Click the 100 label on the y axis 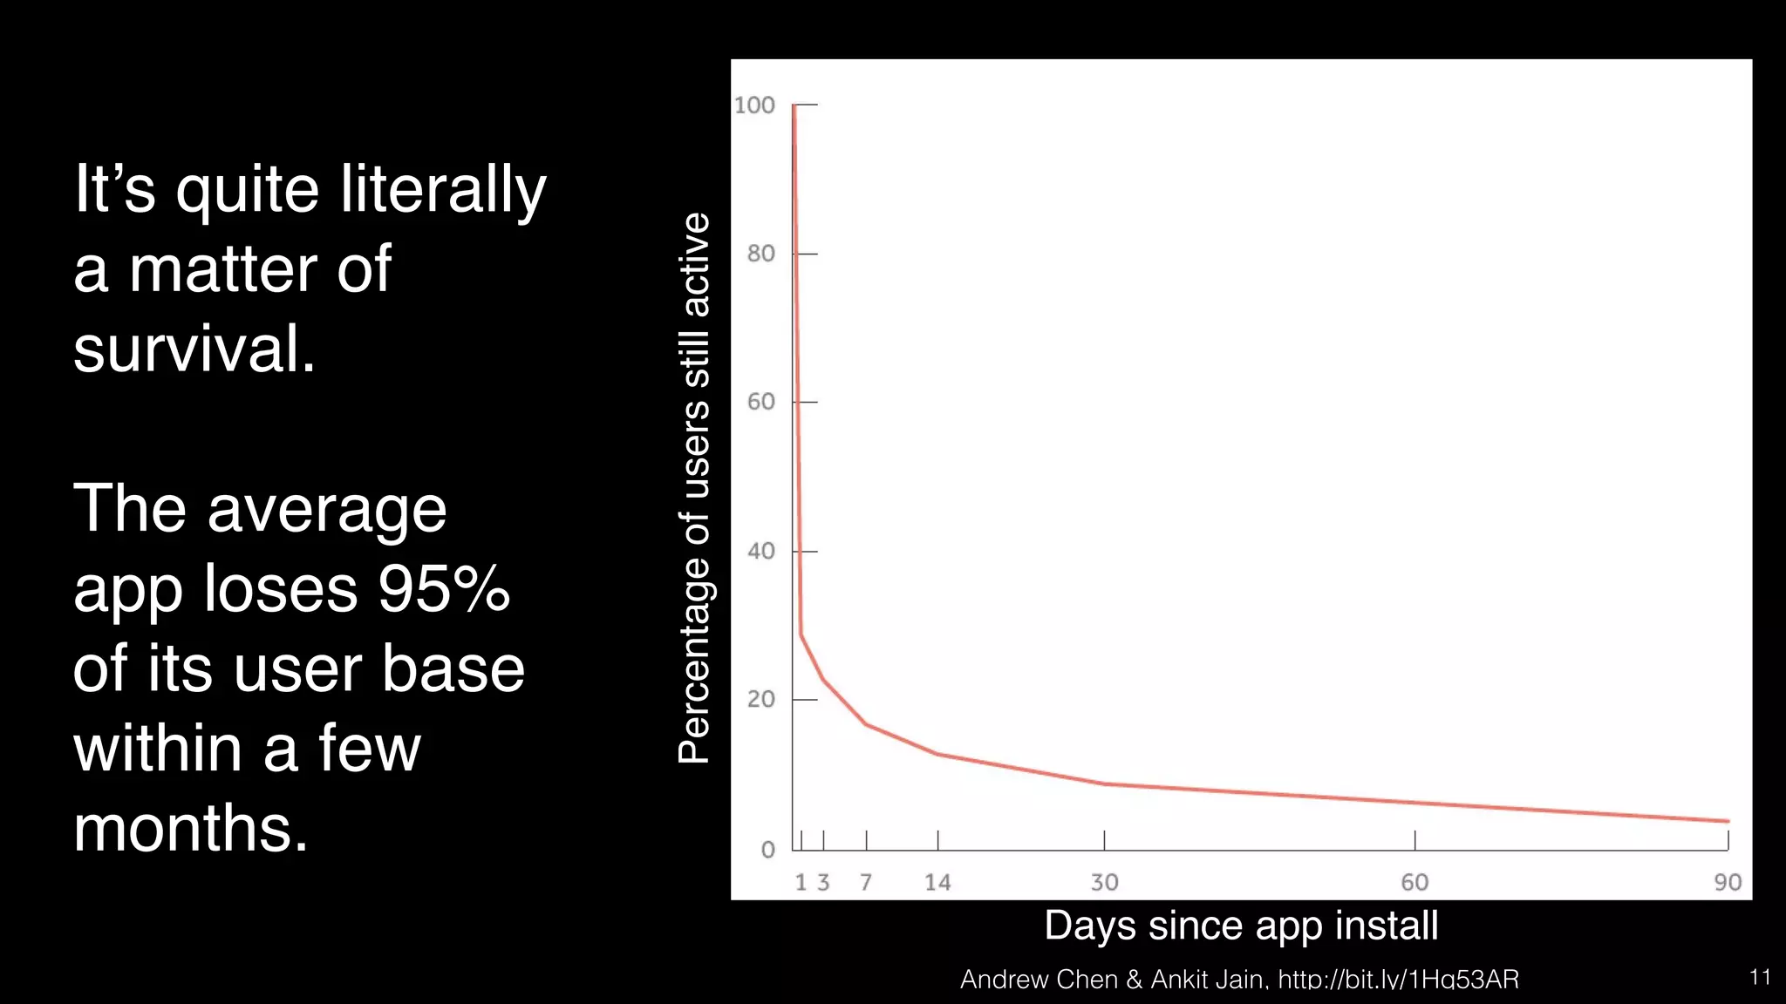point(754,105)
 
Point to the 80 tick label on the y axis point(760,254)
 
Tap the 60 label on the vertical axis point(760,402)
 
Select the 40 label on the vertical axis point(760,551)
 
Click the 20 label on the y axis point(760,699)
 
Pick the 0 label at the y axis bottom point(767,850)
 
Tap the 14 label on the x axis point(937,883)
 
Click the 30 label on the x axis point(1104,883)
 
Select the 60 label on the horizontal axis point(1414,883)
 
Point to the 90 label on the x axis point(1728,883)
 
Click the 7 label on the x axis point(866,883)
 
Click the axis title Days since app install point(1241,926)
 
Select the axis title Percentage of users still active point(694,488)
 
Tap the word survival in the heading point(194,349)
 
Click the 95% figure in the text point(444,588)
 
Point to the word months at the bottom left point(190,828)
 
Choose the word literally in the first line point(443,189)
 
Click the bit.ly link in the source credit point(1398,980)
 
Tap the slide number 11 point(1760,977)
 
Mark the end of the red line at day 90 point(1728,821)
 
